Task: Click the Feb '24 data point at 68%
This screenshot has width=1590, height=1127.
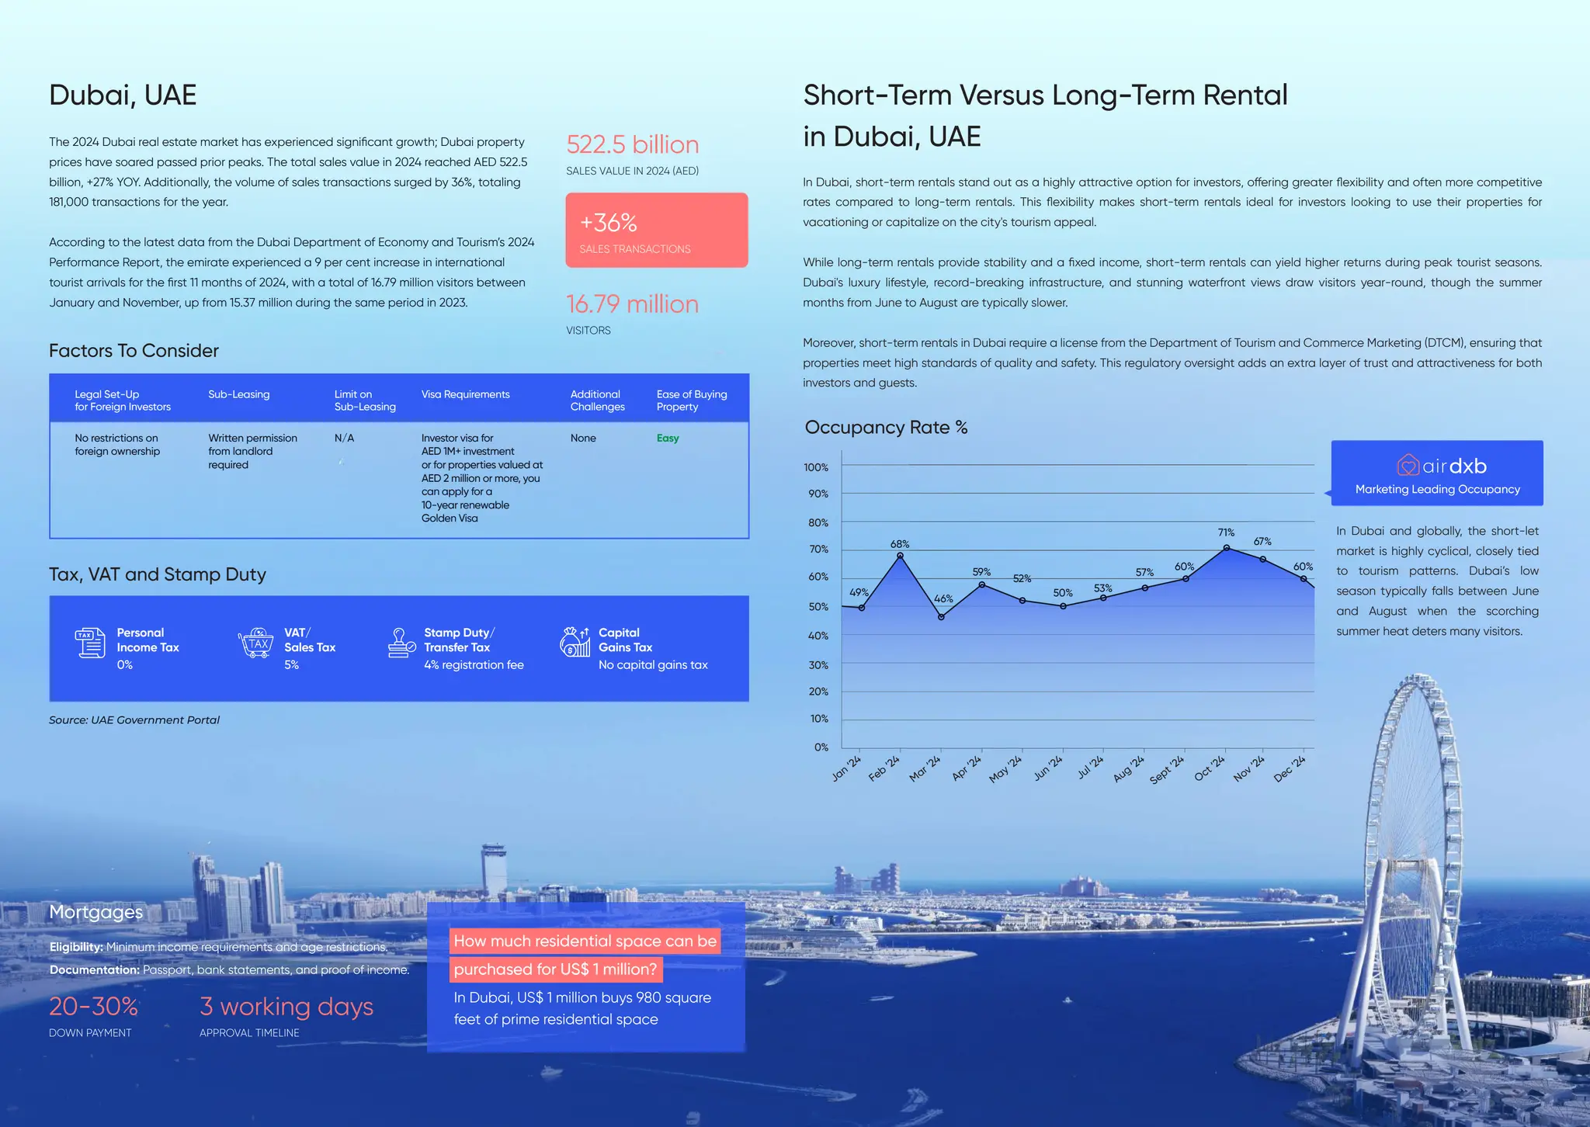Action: tap(900, 556)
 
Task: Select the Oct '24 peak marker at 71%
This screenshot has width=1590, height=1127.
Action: tap(1227, 548)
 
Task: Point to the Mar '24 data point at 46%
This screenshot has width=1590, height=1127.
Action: tap(941, 617)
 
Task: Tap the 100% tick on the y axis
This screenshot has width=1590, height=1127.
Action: tap(816, 467)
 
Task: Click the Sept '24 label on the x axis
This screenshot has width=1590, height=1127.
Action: tap(1167, 769)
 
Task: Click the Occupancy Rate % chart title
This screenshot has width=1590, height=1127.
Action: tap(886, 428)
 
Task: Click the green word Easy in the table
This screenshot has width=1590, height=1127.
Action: tap(668, 439)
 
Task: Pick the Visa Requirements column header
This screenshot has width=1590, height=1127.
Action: tap(465, 395)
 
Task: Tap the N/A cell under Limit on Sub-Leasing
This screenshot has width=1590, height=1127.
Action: tap(344, 439)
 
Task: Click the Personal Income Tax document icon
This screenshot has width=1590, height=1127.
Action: tap(90, 643)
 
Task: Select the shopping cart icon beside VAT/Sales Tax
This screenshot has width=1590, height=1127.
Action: tap(256, 643)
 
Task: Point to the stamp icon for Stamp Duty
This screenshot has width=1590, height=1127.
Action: tap(401, 643)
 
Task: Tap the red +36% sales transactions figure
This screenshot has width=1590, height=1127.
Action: tap(609, 223)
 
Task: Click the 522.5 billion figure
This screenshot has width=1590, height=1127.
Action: tap(632, 145)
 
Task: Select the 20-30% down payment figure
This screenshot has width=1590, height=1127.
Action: tap(93, 1007)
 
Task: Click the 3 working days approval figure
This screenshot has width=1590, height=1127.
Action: tap(286, 1007)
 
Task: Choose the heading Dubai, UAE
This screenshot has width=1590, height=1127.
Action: tap(123, 95)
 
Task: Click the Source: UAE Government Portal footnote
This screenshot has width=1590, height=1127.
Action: tap(134, 720)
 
